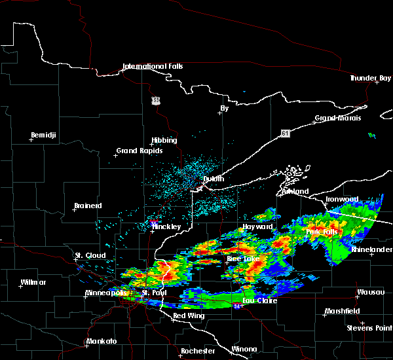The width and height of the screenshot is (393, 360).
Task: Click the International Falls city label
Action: pos(153,66)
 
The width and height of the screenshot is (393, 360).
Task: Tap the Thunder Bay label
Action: pos(370,78)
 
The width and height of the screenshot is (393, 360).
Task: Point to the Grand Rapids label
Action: pos(136,151)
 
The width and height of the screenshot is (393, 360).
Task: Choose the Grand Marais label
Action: pos(338,118)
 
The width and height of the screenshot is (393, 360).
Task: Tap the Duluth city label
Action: pos(213,179)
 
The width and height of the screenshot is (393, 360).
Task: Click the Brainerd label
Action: pos(88,206)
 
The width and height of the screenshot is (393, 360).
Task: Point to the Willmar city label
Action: pos(33,282)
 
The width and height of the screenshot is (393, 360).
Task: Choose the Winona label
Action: pos(244,349)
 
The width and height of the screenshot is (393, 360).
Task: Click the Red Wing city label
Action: pos(188,315)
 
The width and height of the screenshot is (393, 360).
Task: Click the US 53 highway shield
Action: pos(155,100)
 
